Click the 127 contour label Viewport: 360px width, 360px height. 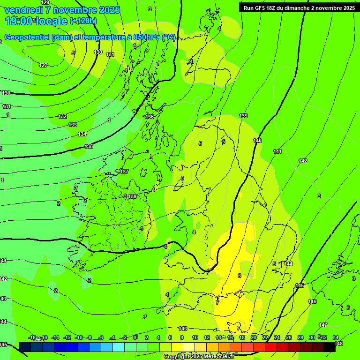tap(43, 65)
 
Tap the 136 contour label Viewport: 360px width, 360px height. tap(150, 117)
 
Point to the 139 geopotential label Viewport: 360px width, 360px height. tap(243, 116)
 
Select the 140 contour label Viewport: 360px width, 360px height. tap(257, 141)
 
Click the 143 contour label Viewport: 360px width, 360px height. tap(183, 329)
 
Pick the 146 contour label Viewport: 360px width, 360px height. tap(312, 301)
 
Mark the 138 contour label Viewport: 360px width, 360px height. tap(133, 196)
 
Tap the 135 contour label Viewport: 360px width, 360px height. tap(89, 147)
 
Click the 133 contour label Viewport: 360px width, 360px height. tap(73, 125)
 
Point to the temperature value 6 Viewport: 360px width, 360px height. tap(239, 276)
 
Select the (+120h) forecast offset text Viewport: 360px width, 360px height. tap(83, 21)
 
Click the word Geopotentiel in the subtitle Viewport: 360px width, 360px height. tap(28, 37)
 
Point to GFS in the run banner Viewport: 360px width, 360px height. tap(261, 8)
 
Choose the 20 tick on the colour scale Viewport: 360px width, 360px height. tap(254, 337)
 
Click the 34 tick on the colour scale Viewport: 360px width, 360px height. tap(335, 337)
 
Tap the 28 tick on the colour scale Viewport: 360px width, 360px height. tap(300, 337)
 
